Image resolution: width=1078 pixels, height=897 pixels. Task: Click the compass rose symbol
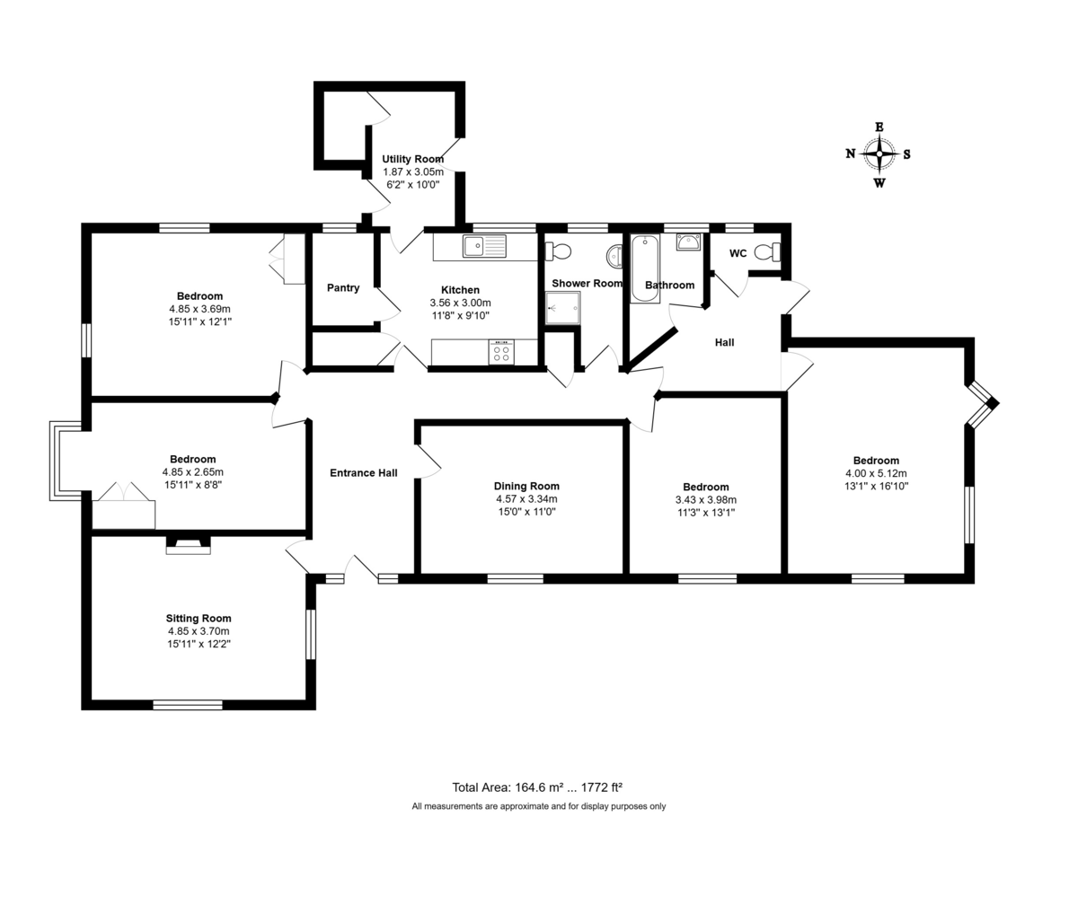[x=879, y=154]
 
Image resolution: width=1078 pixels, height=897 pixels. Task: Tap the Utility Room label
[x=412, y=159]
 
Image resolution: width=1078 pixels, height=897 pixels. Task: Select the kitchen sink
[x=484, y=245]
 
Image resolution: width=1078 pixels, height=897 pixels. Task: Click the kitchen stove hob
[x=501, y=352]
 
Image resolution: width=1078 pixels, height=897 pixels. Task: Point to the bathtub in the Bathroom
[x=644, y=267]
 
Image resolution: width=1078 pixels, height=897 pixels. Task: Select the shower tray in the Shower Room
[x=562, y=307]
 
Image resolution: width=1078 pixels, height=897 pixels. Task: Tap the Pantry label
[x=342, y=288]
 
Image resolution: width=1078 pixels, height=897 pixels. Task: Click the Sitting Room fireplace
[x=188, y=545]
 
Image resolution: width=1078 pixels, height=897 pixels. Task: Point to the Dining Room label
[x=526, y=487]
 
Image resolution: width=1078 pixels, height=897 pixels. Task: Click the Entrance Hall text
[x=364, y=473]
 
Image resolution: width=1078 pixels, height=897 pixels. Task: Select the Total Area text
[x=537, y=787]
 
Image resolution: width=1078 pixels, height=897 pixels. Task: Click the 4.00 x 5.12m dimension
[x=876, y=474]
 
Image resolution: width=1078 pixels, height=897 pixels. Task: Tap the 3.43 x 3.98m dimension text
[x=705, y=500]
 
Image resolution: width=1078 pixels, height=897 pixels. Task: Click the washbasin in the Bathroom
[x=688, y=242]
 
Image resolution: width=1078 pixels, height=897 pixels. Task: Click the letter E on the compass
[x=879, y=127]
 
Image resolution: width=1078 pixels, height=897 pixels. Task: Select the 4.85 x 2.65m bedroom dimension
[x=192, y=472]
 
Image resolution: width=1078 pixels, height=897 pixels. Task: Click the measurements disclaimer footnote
[x=538, y=806]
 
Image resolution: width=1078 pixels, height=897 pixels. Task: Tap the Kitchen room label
[x=460, y=290]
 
